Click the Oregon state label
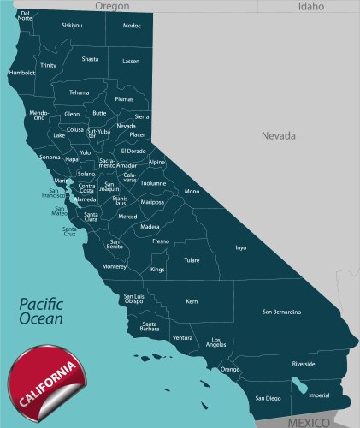pyautogui.click(x=112, y=6)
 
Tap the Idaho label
pyautogui.click(x=311, y=6)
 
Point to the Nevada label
pyautogui.click(x=278, y=135)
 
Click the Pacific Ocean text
pyautogui.click(x=43, y=311)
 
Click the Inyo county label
pyautogui.click(x=241, y=248)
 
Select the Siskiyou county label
pyautogui.click(x=73, y=26)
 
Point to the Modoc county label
pyautogui.click(x=132, y=26)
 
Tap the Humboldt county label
pyautogui.click(x=21, y=73)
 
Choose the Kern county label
pyautogui.click(x=192, y=301)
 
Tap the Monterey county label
pyautogui.click(x=114, y=266)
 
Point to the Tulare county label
pyautogui.click(x=192, y=259)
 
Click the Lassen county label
pyautogui.click(x=130, y=62)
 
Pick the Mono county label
pyautogui.click(x=192, y=192)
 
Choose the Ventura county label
pyautogui.click(x=182, y=338)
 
